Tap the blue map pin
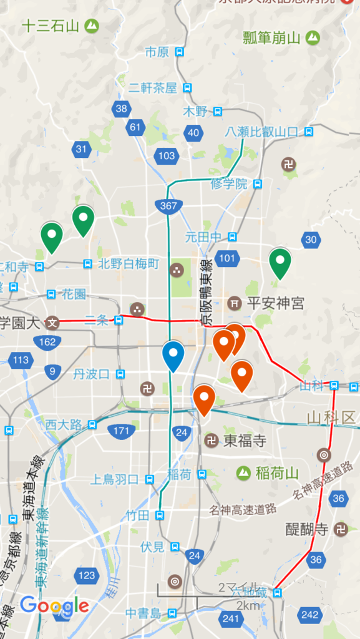173,355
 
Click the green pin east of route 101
280,263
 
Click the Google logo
54,605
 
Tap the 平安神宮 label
275,303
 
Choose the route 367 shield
168,205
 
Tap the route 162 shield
47,341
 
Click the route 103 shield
167,155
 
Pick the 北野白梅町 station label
129,264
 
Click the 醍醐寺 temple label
307,529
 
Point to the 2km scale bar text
248,605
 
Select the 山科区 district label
331,417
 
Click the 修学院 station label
229,183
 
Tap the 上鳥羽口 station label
115,479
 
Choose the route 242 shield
309,615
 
